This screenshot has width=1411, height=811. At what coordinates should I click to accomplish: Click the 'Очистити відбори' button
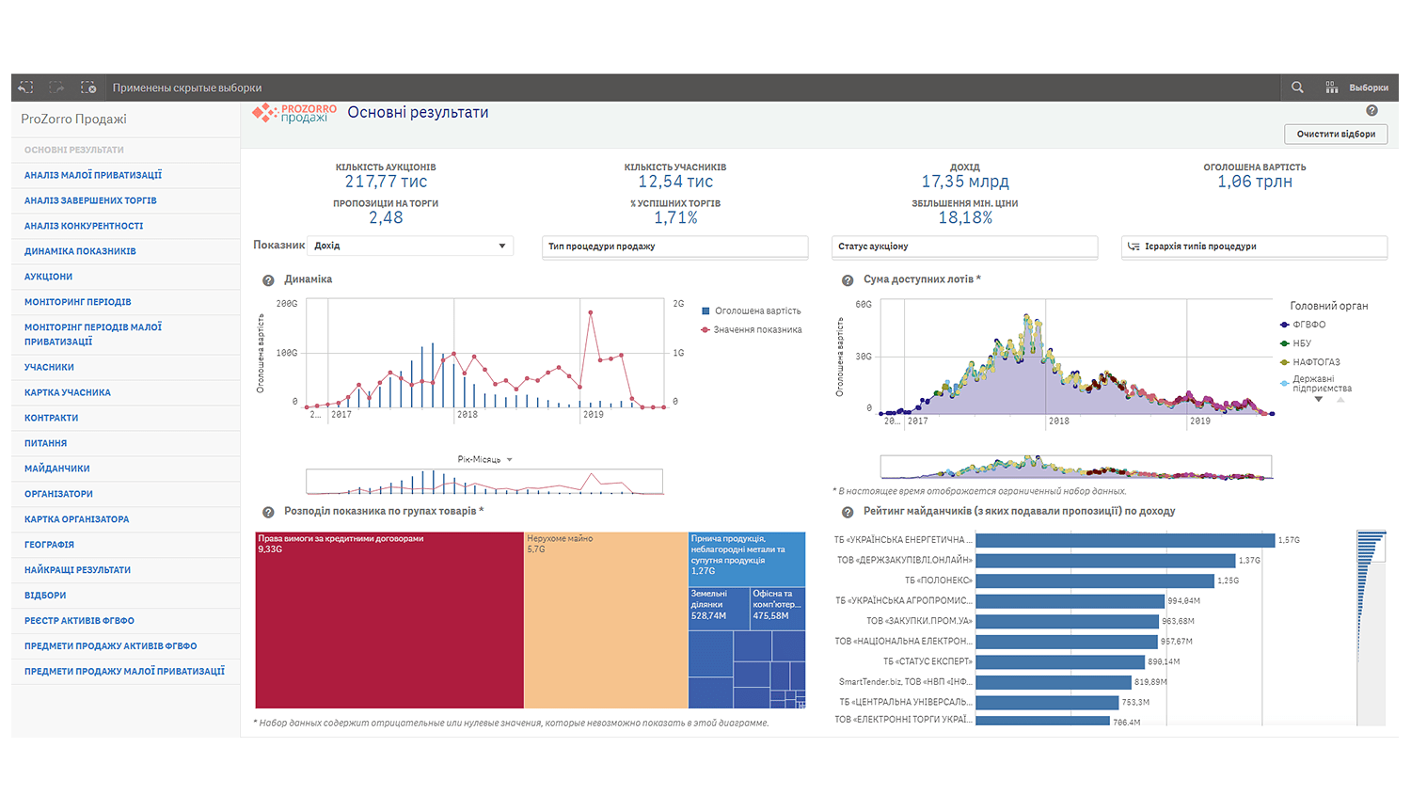(x=1335, y=135)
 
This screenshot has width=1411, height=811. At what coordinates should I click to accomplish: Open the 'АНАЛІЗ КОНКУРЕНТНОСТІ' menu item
(x=84, y=226)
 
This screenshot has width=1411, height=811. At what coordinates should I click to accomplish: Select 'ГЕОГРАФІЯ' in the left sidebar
(x=49, y=545)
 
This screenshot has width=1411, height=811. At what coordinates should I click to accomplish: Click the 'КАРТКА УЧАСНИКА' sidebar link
(x=68, y=392)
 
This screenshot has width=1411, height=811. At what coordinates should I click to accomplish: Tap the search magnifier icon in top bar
(x=1297, y=87)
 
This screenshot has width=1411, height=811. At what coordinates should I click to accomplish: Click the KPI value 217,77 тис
(x=386, y=182)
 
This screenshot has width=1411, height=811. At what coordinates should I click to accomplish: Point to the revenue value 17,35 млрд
(x=964, y=182)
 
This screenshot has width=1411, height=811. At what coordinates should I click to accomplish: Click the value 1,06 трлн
(x=1254, y=182)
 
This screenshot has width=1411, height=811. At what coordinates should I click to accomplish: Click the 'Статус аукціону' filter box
(x=963, y=246)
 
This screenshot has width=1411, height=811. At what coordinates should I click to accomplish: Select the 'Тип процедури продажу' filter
(x=674, y=246)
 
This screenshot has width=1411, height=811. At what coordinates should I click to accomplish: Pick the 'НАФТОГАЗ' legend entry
(x=1315, y=362)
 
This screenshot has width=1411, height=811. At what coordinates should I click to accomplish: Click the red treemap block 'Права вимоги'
(x=388, y=621)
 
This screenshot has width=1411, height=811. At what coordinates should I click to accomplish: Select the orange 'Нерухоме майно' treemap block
(x=605, y=621)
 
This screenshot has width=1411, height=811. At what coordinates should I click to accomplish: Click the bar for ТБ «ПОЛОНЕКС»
(x=1095, y=580)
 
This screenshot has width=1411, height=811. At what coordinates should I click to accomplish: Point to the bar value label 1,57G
(x=1289, y=540)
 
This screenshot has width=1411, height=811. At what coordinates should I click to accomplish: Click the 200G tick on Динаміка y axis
(x=287, y=304)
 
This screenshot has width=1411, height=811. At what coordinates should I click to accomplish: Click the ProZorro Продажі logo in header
(x=294, y=114)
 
